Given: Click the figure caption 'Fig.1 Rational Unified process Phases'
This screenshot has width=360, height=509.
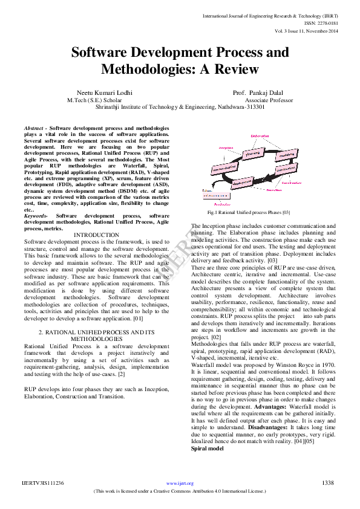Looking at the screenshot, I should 249,213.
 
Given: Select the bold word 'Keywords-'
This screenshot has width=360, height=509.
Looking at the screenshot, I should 36,215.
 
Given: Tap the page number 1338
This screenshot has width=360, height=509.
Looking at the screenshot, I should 327,482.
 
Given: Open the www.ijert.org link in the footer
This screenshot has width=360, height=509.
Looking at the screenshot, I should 180,483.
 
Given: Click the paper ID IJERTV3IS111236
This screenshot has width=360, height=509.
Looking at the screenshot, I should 43,483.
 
